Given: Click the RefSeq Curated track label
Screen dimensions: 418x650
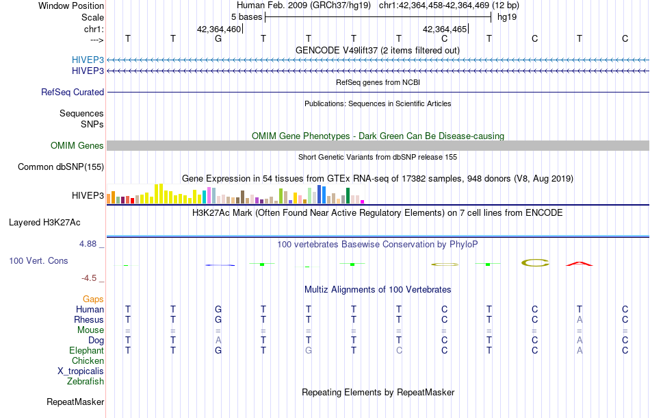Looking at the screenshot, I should pos(73,92).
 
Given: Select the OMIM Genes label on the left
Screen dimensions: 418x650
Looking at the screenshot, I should pos(77,145).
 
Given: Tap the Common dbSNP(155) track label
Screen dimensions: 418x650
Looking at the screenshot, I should pos(61,167).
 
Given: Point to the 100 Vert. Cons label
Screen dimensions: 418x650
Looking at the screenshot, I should pos(38,261).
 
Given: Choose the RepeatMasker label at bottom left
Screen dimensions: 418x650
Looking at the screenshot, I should pos(75,402).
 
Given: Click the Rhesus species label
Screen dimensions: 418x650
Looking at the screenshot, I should pos(89,319).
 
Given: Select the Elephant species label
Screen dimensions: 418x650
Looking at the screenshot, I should pos(87,350).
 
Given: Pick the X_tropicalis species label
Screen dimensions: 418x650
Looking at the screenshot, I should pos(81,371).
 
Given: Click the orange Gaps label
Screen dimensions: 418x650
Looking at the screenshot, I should pos(93,299).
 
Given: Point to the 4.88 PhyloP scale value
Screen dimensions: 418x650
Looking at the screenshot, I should pos(90,243).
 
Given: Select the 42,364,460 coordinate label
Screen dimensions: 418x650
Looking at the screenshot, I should pos(219,29).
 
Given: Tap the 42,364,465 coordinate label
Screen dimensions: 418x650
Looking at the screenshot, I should pos(445,29).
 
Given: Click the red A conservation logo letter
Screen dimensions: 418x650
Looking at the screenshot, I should pos(579,263).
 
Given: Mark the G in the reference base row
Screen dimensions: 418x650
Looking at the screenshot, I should pos(218,38).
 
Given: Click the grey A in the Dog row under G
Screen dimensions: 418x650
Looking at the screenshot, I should pos(218,340).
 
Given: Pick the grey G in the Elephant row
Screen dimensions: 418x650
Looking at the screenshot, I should pos(309,350).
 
